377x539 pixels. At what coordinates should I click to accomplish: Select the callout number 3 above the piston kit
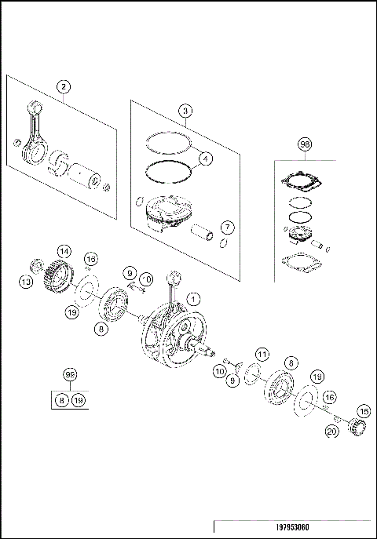tap(184, 111)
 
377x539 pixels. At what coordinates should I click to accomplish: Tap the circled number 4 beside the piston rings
tap(205, 158)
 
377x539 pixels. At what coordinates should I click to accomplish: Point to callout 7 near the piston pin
tap(227, 228)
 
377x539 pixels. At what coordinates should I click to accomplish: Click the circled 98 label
tap(305, 144)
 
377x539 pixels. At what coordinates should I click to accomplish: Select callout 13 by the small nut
tap(27, 281)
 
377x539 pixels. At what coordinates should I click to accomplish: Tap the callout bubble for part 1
tap(193, 297)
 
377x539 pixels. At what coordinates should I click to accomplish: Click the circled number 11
tap(262, 355)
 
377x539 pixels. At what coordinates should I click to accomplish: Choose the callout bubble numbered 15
tap(363, 410)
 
